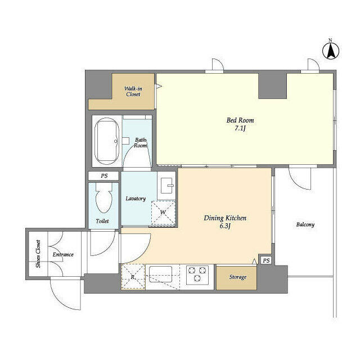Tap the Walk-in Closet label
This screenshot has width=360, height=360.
tap(133, 91)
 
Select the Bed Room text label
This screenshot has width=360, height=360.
tap(240, 120)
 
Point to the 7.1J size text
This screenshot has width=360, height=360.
tap(240, 129)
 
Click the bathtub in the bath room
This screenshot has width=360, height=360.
tap(106, 141)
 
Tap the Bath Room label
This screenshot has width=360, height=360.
tap(140, 142)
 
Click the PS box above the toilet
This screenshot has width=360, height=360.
tap(104, 176)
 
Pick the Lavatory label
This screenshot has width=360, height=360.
tap(136, 199)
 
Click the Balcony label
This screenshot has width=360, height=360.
tap(305, 225)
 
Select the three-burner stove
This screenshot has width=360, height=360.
tap(197, 274)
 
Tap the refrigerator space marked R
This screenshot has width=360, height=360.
tap(133, 277)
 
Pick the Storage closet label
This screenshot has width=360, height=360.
tap(237, 277)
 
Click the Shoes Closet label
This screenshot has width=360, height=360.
tap(38, 254)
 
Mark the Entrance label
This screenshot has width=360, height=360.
tap(63, 255)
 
